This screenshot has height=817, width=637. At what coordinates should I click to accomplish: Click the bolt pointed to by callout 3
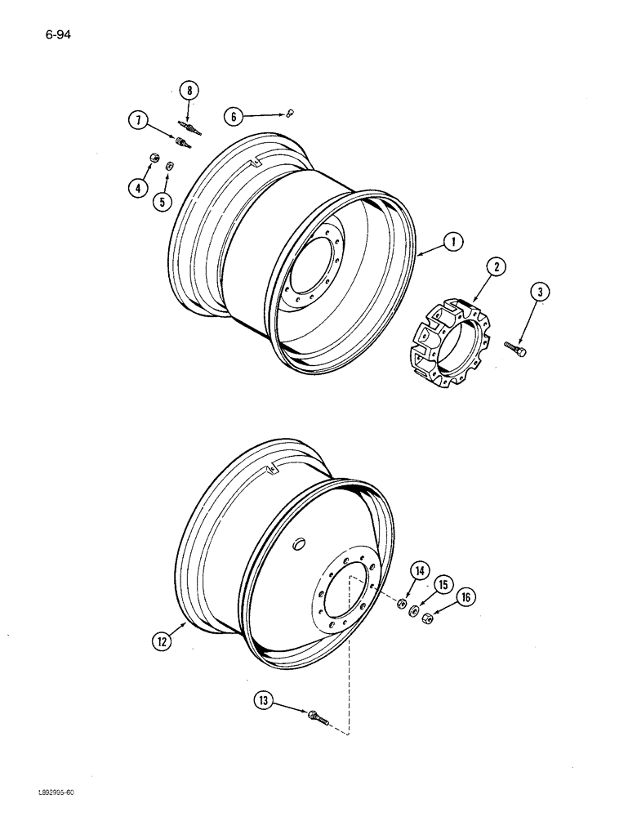pyautogui.click(x=516, y=349)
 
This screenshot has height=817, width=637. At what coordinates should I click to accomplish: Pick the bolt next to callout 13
pyautogui.click(x=317, y=718)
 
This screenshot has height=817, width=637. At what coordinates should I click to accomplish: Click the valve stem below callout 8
pyautogui.click(x=189, y=127)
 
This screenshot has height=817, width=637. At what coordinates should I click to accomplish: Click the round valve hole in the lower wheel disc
pyautogui.click(x=299, y=543)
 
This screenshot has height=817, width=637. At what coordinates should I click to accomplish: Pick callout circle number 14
pyautogui.click(x=417, y=573)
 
